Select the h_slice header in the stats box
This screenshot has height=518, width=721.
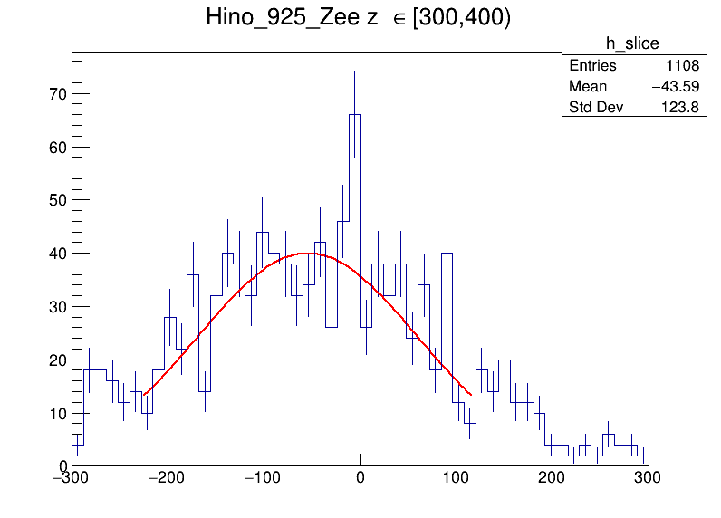(632, 44)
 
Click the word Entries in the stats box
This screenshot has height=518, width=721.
(592, 66)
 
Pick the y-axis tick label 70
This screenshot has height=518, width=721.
(56, 94)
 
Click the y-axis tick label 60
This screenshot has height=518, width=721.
(56, 147)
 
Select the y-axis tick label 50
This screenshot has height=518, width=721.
(56, 200)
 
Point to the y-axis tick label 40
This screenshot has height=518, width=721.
(56, 254)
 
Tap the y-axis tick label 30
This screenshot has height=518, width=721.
(56, 307)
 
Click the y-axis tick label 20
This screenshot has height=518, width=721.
(56, 360)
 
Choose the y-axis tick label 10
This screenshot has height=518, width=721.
(56, 414)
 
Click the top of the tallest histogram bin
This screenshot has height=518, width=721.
(355, 115)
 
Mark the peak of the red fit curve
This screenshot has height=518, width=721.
(309, 254)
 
